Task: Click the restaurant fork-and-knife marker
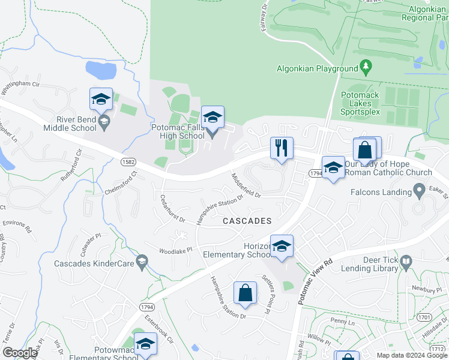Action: [x=282, y=148]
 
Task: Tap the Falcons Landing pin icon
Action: [x=421, y=192]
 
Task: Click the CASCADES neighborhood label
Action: [x=247, y=221]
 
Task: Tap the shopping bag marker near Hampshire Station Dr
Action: [x=245, y=293]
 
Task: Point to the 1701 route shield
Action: [x=424, y=316]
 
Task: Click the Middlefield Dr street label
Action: [x=246, y=185]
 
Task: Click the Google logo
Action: [x=20, y=353]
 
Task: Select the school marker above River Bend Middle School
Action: [x=101, y=99]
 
